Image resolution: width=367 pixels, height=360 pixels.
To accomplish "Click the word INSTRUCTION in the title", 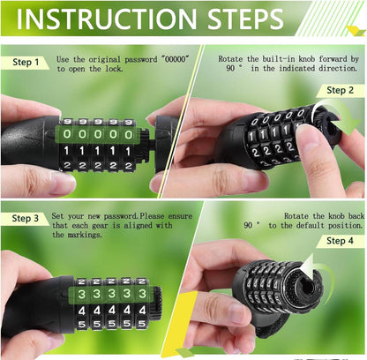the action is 107,19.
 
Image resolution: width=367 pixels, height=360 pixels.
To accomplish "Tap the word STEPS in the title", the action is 245,19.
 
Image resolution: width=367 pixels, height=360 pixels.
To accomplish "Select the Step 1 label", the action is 26,62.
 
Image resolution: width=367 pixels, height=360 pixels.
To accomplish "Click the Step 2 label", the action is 340,90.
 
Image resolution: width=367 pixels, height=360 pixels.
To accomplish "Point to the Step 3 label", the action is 26,218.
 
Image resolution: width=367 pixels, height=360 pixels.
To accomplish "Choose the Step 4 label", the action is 340,241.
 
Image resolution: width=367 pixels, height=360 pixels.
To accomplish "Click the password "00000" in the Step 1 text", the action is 175,59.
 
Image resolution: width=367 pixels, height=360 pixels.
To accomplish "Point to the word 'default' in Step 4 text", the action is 311,225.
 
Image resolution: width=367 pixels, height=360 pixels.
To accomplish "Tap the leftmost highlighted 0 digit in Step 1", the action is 67,134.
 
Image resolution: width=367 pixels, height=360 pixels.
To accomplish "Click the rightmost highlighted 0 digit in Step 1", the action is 128,134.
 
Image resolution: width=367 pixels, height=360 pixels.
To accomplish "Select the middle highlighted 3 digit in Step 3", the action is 112,293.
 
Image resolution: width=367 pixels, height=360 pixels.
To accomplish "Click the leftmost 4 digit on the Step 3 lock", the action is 82,311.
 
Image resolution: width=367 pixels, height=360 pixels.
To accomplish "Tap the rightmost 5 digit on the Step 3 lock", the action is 142,324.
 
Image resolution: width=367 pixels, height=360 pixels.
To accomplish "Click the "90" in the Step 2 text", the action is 230,68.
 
